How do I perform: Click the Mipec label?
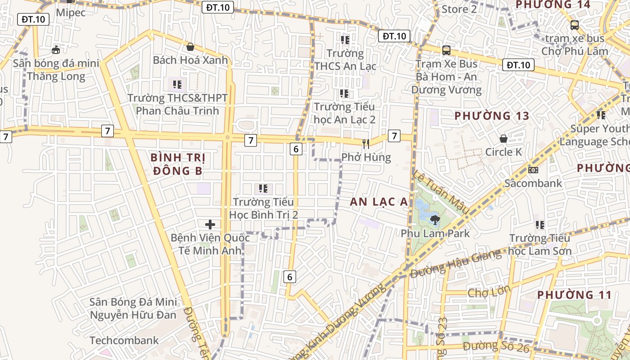(71, 13)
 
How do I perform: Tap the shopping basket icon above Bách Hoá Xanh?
(190, 46)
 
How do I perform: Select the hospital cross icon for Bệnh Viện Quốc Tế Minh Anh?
(210, 224)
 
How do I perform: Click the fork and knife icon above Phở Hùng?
(366, 144)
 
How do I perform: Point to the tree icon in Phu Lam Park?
(435, 220)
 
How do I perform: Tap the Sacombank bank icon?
(533, 170)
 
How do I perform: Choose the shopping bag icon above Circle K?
(504, 138)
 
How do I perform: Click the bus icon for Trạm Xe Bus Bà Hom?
(446, 50)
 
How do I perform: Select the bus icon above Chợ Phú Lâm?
(574, 25)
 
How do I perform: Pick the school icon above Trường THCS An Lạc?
(345, 40)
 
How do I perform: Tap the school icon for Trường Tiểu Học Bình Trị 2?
(263, 189)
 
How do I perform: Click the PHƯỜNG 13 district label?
(492, 116)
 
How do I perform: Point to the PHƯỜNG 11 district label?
(575, 295)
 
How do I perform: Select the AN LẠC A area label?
(379, 202)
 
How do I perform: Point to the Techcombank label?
(124, 340)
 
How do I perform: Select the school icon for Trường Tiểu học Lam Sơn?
(540, 225)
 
